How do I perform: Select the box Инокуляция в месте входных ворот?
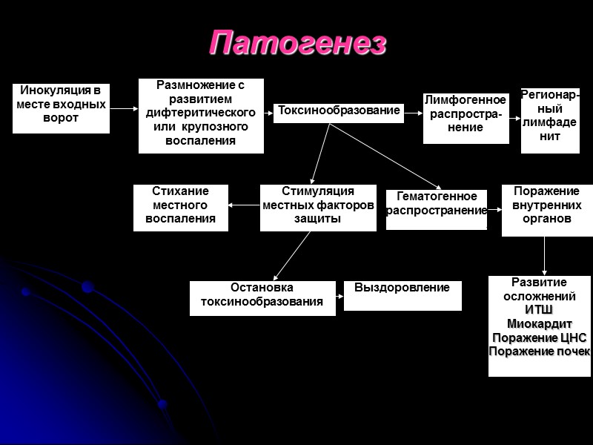(x=61, y=108)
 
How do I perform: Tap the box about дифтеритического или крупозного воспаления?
(x=201, y=115)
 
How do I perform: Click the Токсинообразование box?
(x=339, y=112)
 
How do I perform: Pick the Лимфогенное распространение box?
(x=466, y=118)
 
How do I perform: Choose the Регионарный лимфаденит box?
(x=550, y=120)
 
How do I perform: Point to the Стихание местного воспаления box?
(x=180, y=207)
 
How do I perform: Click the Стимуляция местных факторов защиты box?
(x=318, y=207)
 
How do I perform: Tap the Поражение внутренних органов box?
(x=547, y=210)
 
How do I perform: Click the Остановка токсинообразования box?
(x=262, y=298)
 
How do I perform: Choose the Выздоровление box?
(x=402, y=295)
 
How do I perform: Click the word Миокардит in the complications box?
(x=539, y=323)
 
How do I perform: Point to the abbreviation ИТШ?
(x=539, y=309)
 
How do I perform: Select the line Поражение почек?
(x=539, y=351)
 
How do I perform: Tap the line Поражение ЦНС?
(x=539, y=337)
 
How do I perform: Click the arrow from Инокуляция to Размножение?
(x=124, y=109)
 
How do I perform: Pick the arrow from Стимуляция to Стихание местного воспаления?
(x=244, y=205)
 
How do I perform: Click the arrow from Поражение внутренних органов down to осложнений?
(x=545, y=256)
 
